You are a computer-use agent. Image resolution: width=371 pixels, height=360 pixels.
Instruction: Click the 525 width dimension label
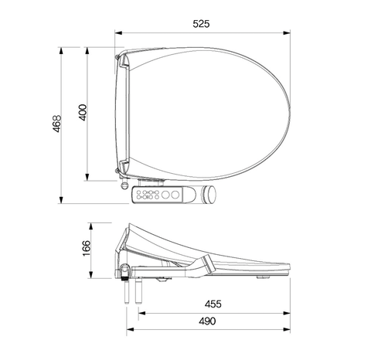[200, 24]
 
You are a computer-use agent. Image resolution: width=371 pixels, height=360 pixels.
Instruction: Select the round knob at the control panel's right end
[209, 196]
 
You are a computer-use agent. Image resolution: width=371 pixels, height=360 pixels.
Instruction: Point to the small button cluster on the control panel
[147, 195]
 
